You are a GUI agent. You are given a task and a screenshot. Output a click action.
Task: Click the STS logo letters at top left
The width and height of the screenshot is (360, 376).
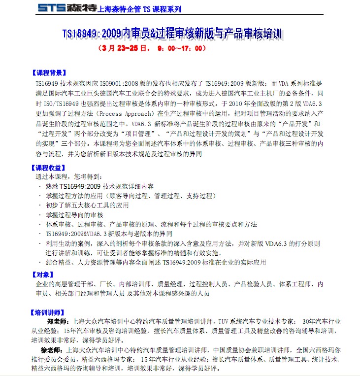point(53,7)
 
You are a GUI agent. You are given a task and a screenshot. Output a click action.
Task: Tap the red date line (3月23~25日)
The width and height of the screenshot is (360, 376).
point(151,49)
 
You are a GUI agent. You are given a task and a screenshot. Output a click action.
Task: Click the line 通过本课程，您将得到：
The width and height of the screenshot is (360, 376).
point(68,176)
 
